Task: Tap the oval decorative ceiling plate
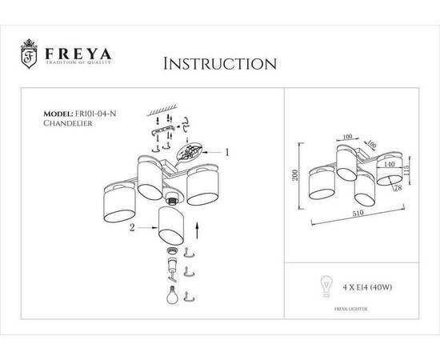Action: pos(190,151)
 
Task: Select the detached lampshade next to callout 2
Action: pos(174,225)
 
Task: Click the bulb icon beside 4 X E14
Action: pos(326,284)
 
